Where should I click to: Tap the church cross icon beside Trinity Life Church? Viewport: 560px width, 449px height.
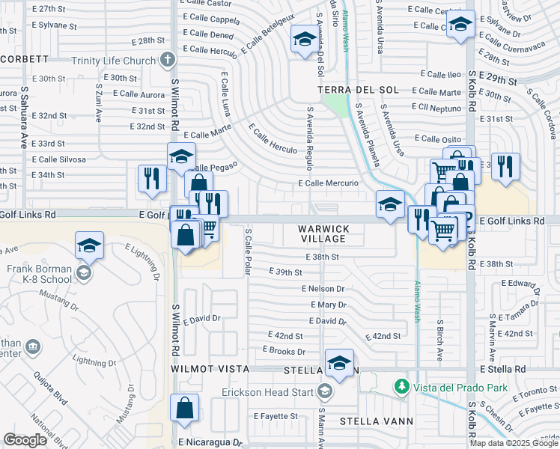tap(168, 58)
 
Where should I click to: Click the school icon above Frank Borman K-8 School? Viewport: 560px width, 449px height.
tap(89, 245)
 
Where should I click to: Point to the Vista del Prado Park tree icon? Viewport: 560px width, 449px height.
tap(402, 387)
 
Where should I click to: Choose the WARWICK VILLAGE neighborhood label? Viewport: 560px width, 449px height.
tap(324, 233)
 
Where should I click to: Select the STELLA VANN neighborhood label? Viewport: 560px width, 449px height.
tap(377, 421)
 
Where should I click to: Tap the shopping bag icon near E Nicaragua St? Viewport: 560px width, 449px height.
tap(184, 409)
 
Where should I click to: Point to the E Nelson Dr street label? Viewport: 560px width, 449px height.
tap(323, 289)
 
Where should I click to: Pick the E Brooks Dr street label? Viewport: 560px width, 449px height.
tap(284, 351)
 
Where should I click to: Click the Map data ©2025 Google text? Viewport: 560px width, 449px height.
tap(514, 443)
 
